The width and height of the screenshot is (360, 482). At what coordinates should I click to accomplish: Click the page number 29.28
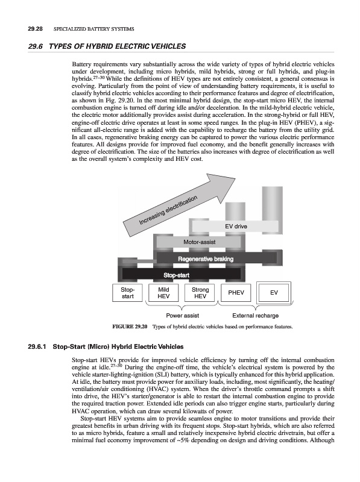click(35, 29)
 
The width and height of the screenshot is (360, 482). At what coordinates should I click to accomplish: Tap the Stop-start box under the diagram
click(127, 293)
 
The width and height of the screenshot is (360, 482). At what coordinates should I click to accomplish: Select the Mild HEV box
click(163, 293)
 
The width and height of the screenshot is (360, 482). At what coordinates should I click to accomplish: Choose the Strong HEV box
click(200, 293)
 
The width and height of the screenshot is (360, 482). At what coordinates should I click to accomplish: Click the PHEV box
click(236, 293)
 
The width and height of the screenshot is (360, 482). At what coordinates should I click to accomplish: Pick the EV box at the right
click(274, 293)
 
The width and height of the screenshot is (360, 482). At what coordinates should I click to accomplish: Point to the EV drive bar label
click(236, 227)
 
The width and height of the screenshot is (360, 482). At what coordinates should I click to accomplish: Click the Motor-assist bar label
click(200, 242)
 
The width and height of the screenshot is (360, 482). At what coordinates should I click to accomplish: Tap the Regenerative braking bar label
click(206, 259)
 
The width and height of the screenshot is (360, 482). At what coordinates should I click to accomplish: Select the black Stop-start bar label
click(176, 275)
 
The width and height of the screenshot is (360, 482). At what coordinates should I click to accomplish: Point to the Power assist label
click(183, 316)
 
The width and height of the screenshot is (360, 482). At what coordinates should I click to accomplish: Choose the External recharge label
click(256, 316)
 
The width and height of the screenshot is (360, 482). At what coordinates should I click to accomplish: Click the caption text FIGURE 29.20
click(130, 327)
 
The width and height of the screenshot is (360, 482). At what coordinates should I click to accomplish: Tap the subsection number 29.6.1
click(37, 347)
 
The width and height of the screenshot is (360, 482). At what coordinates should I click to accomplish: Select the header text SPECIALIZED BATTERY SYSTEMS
click(94, 29)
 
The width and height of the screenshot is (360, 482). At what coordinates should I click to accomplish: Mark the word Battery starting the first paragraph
click(81, 64)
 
